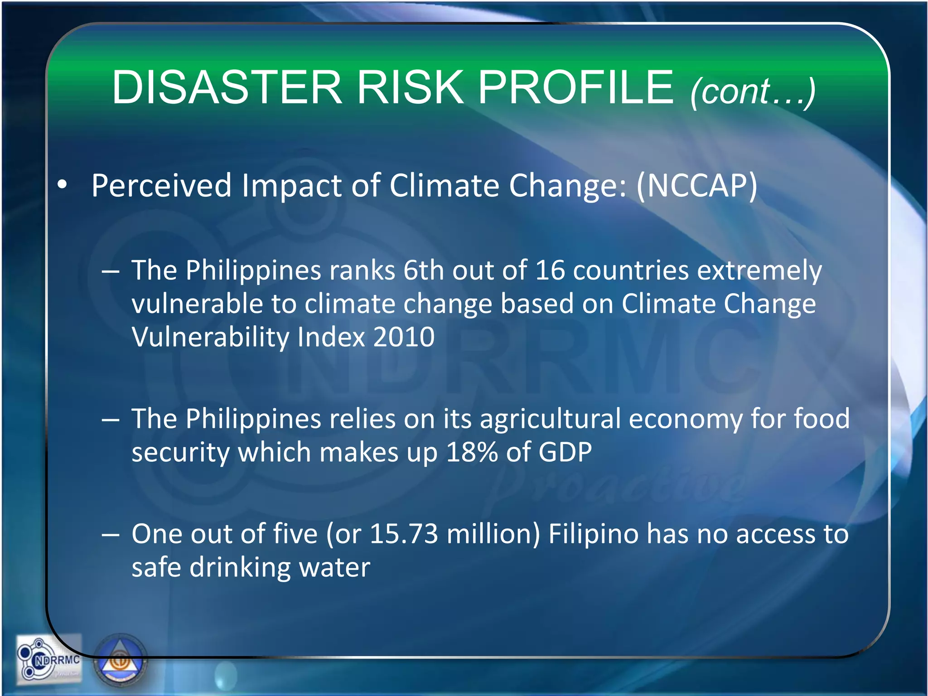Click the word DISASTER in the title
pos(227,87)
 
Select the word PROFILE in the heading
pos(575,87)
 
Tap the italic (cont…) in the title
pos(753,92)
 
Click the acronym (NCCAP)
pos(696,186)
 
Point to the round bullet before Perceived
pos(62,185)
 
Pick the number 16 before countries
pos(550,271)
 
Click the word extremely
pos(759,271)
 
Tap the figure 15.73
pos(404,534)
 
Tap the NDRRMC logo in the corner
pos(49,659)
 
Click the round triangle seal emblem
pos(121,662)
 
